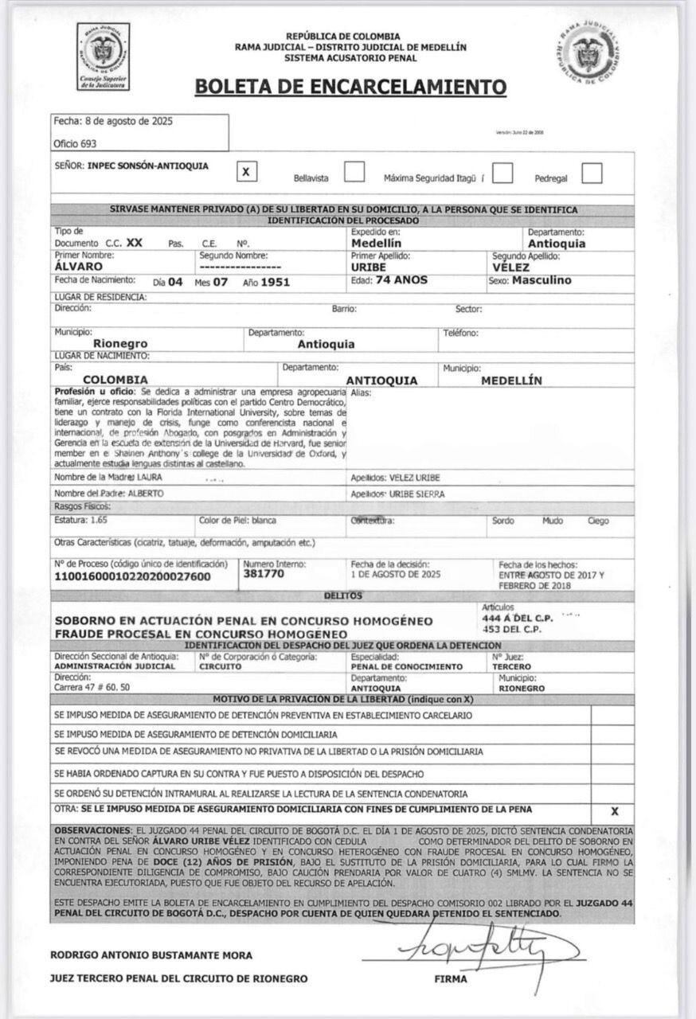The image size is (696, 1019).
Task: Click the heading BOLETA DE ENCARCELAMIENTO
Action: pos(350,86)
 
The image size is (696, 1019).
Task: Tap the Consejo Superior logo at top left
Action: pos(104,56)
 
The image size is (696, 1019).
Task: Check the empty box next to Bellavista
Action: pos(354,172)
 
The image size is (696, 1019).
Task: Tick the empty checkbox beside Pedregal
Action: pos(592,173)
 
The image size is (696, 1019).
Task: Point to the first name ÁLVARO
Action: pos(78,267)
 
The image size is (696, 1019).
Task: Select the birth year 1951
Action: pos(276,282)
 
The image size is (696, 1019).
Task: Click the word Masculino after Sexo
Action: pos(542,280)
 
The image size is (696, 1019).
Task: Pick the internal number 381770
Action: pos(264,573)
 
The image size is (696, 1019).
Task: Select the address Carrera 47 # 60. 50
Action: pos(92,686)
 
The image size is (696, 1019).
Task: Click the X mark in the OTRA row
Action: pos(614,811)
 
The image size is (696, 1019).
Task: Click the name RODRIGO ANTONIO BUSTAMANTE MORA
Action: pos(151,955)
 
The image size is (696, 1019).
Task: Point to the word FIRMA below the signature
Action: pos(451,979)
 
